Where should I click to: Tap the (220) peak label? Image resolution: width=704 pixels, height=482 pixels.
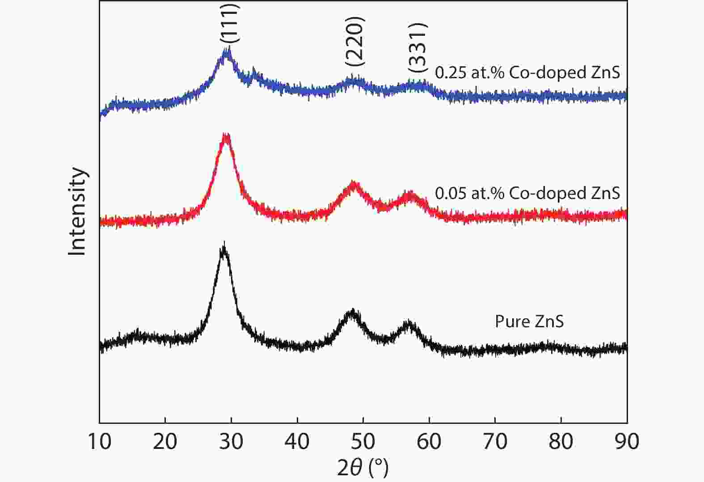(355, 41)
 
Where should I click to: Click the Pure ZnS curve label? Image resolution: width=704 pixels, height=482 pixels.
(529, 321)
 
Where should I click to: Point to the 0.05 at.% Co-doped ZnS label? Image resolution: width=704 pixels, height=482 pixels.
(527, 193)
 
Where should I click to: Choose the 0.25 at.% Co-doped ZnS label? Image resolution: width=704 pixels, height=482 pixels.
(527, 72)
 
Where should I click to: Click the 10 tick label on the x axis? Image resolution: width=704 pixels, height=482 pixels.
(99, 442)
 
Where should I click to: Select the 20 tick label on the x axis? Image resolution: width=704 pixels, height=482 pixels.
(165, 442)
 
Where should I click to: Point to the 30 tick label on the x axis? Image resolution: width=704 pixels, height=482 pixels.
(231, 442)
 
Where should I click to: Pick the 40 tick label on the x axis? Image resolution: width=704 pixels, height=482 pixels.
(297, 442)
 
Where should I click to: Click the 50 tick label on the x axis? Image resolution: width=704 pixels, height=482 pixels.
(363, 442)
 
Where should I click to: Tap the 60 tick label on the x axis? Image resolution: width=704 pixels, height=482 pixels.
(429, 442)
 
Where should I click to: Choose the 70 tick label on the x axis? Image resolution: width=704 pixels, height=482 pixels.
(495, 442)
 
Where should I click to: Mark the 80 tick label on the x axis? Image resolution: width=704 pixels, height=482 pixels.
(561, 442)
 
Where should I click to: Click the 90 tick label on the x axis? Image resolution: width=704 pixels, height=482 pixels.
(627, 442)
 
